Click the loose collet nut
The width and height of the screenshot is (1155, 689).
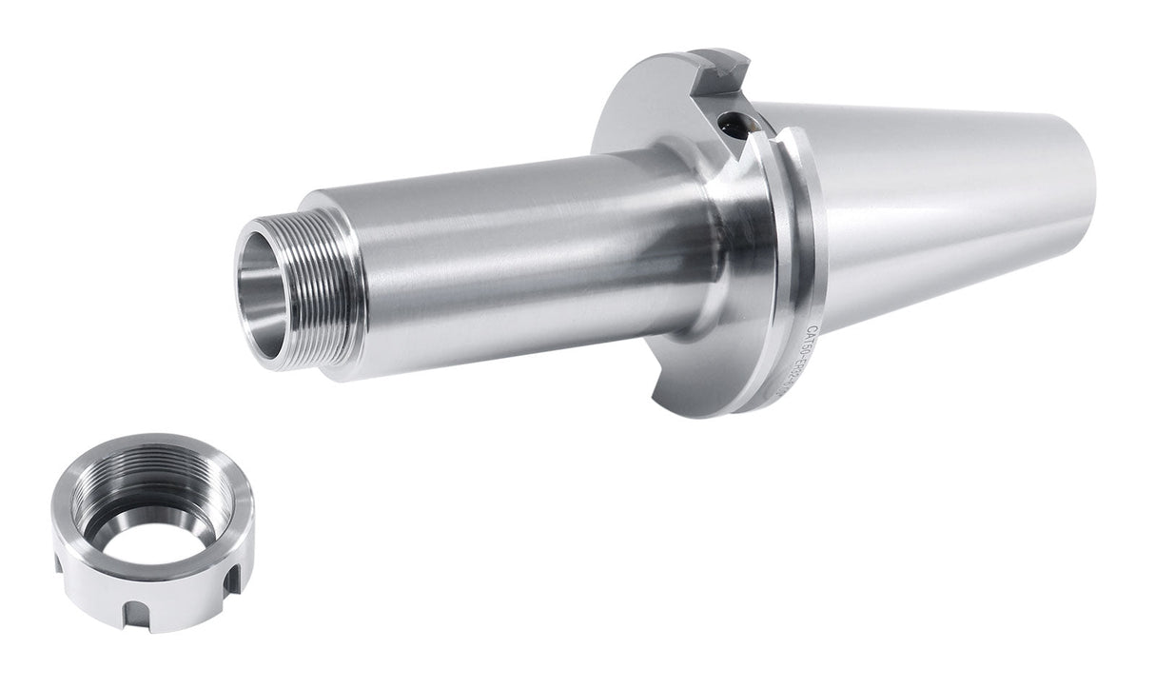click(x=153, y=528)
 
